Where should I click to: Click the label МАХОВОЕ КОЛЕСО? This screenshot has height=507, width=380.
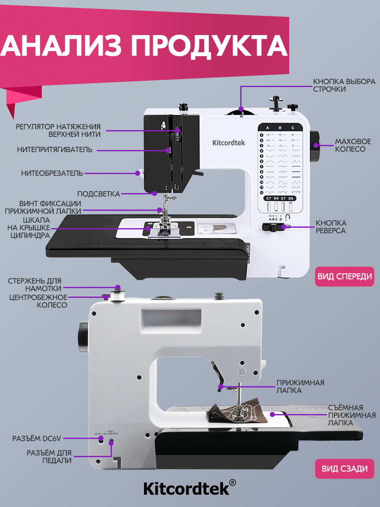click(350, 145)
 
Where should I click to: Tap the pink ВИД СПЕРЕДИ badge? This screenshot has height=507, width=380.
click(345, 276)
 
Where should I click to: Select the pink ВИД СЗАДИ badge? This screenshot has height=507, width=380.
click(345, 469)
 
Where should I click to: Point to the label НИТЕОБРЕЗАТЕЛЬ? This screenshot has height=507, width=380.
click(52, 173)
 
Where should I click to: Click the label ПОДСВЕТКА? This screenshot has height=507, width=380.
click(98, 194)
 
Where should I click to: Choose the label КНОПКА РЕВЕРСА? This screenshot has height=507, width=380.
click(331, 226)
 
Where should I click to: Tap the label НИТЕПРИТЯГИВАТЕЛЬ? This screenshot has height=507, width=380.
click(54, 150)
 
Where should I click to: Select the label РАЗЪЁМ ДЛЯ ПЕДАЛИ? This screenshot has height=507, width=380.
click(49, 457)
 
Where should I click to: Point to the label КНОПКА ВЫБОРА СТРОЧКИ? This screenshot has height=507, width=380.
click(344, 85)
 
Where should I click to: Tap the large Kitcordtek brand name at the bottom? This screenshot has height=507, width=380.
click(186, 488)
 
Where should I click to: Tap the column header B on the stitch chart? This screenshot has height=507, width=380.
click(280, 127)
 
